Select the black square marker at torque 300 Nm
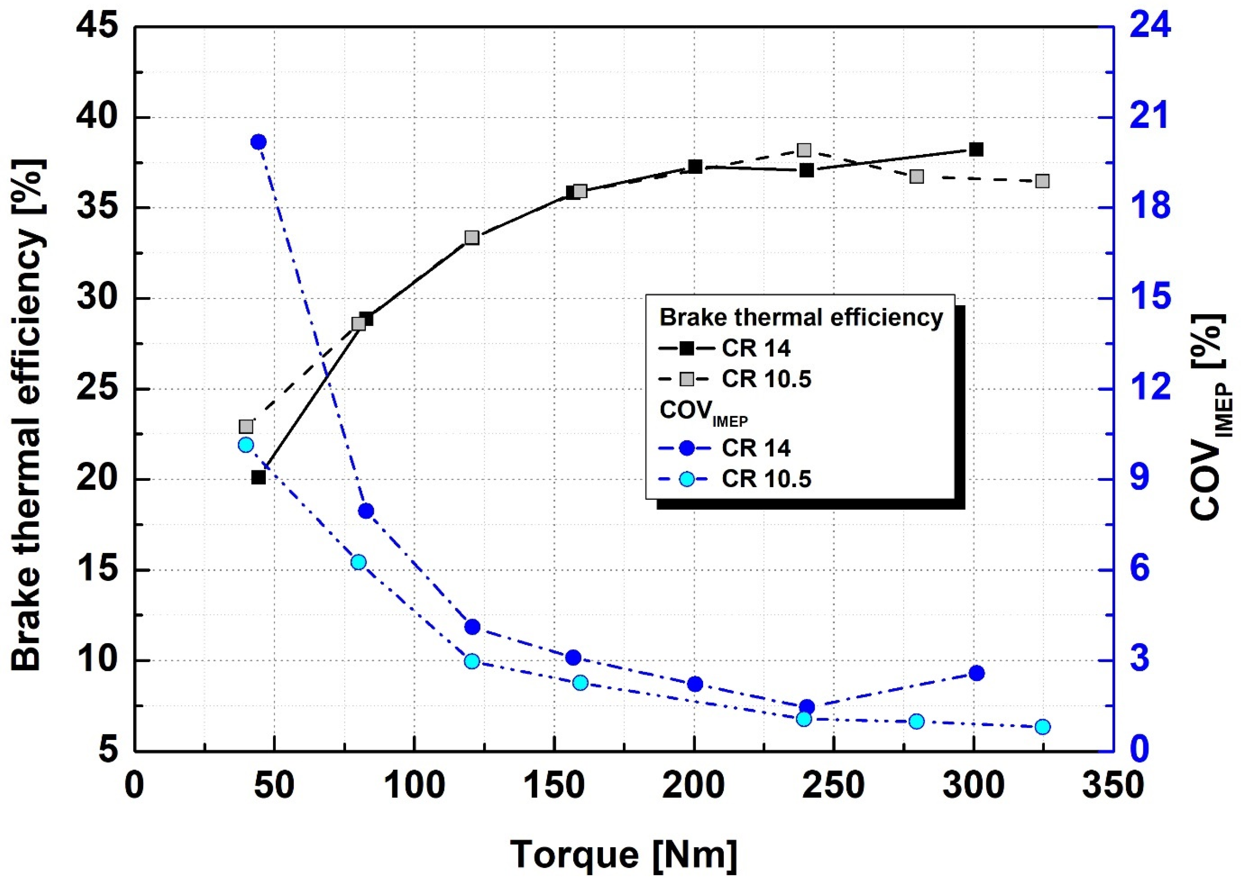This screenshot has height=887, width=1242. tap(976, 149)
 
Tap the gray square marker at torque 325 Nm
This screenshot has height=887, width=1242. tap(1042, 181)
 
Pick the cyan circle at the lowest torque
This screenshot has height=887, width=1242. tap(246, 444)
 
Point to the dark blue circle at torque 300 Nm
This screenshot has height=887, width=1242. tap(976, 673)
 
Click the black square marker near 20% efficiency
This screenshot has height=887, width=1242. tap(259, 477)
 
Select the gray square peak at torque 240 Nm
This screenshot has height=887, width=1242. tap(804, 150)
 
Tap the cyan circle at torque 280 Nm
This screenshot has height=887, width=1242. tap(917, 721)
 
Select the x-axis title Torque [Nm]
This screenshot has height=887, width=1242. tap(623, 855)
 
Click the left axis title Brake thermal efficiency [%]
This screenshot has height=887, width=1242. tap(27, 415)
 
